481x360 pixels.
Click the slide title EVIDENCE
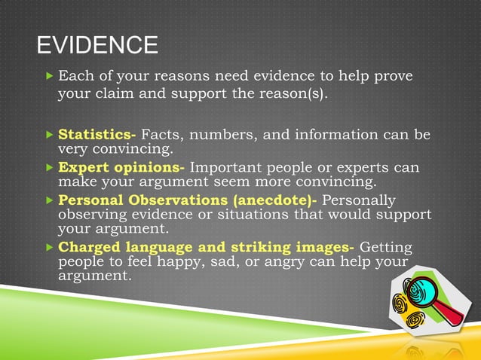point(97,46)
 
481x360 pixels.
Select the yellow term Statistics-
point(97,135)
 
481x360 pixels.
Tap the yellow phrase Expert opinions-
point(121,167)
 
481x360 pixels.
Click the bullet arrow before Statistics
point(50,136)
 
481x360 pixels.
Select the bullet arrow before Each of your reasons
point(50,77)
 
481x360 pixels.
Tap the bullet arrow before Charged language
point(50,247)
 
